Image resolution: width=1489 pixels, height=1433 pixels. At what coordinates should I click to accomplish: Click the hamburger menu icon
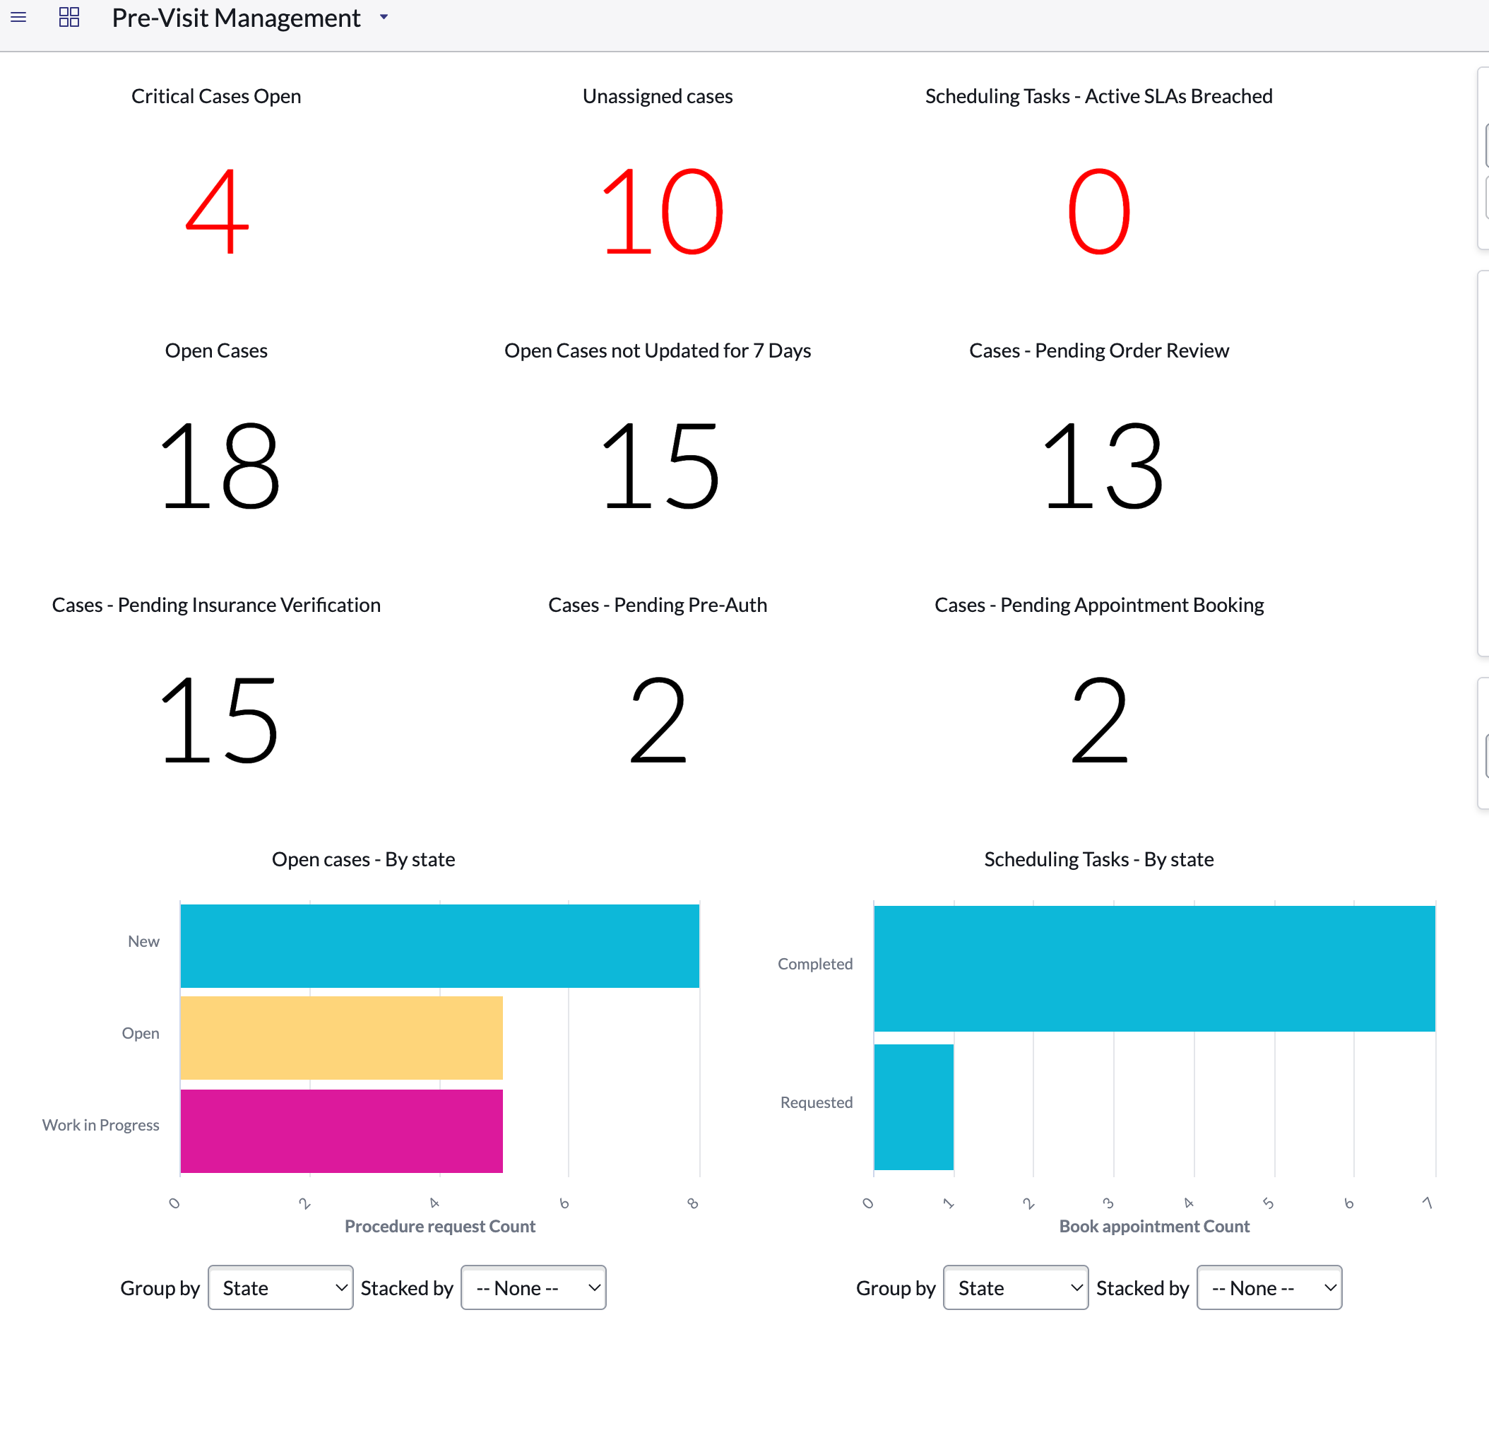18,17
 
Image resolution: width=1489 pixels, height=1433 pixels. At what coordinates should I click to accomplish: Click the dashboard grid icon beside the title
69,17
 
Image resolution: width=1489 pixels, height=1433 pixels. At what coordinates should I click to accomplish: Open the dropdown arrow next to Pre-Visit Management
384,17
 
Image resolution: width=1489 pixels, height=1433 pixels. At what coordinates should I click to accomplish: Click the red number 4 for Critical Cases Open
218,211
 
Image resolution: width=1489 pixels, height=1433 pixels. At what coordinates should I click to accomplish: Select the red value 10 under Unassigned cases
662,211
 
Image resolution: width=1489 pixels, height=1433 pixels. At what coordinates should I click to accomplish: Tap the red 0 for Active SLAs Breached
1099,211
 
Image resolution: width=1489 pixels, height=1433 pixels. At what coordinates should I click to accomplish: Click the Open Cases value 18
220,466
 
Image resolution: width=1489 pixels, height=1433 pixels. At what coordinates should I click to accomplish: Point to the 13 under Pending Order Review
1103,466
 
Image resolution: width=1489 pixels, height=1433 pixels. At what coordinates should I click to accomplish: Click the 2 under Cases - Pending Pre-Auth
658,720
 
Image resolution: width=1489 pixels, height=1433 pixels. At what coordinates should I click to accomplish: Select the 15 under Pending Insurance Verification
220,720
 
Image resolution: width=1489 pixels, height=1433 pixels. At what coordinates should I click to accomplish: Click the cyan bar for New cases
440,946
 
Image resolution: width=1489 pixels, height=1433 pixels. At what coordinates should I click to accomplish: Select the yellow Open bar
342,1038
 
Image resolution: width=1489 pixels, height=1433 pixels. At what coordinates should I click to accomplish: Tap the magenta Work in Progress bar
342,1131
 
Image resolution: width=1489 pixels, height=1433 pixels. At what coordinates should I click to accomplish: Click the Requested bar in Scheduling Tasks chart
914,1107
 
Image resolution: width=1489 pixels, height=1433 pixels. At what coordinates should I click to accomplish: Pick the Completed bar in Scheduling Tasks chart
1155,969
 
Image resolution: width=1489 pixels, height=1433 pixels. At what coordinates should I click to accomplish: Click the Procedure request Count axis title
440,1227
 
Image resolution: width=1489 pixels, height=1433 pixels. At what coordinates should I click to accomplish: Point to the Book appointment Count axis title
1154,1227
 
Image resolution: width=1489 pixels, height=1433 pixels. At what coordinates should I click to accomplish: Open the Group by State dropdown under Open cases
280,1288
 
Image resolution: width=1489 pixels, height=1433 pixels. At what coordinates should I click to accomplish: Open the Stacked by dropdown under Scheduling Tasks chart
1269,1288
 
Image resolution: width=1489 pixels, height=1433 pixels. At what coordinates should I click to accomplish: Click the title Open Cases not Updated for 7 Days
658,350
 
